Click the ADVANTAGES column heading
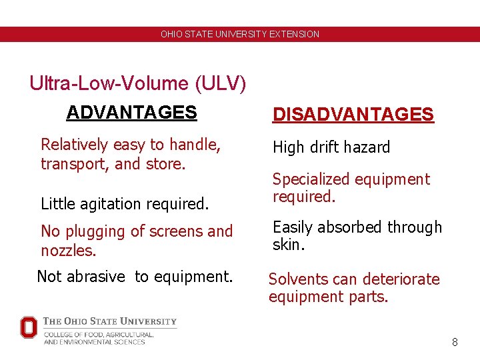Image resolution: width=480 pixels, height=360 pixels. pos(131,112)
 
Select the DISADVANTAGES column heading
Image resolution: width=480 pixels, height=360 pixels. pos(353,115)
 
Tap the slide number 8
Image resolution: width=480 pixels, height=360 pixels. pos(455,342)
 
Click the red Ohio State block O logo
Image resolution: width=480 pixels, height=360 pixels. pos(29,327)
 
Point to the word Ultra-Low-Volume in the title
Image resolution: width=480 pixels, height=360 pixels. pos(109,83)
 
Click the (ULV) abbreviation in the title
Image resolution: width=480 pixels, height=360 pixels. pos(221,83)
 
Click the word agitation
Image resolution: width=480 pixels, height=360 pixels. pos(105,203)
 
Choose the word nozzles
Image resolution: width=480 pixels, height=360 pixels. pos(67,250)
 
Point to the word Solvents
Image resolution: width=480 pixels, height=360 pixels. pos(299,279)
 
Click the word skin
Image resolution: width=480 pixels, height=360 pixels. pos(287,245)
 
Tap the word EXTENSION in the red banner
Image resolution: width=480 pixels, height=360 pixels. pos(294,34)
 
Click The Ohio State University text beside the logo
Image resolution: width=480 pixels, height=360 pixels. pos(110,321)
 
